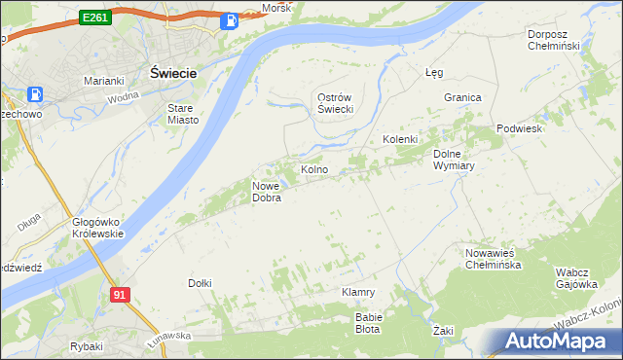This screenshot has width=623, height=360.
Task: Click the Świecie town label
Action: pyautogui.click(x=174, y=73)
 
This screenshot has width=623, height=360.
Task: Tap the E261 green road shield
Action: pyautogui.click(x=95, y=18)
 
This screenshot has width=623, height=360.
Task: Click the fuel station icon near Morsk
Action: pyautogui.click(x=230, y=20)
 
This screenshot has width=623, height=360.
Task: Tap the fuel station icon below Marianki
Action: pyautogui.click(x=36, y=95)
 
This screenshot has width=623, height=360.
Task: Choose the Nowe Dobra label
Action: pyautogui.click(x=267, y=192)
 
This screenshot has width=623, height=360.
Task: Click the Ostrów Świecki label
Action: pyautogui.click(x=335, y=103)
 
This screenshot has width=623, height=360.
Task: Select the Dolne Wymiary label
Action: pyautogui.click(x=453, y=160)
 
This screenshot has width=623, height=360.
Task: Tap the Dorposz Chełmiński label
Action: pyautogui.click(x=553, y=40)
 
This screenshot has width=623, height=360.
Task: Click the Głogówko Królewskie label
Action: pyautogui.click(x=97, y=228)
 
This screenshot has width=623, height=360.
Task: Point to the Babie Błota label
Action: pyautogui.click(x=369, y=323)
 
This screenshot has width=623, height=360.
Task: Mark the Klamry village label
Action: pyautogui.click(x=358, y=292)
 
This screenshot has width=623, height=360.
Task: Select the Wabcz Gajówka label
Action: pyautogui.click(x=575, y=278)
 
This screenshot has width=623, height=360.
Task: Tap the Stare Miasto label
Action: pyautogui.click(x=183, y=114)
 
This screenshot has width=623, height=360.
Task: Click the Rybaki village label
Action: pyautogui.click(x=87, y=346)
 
